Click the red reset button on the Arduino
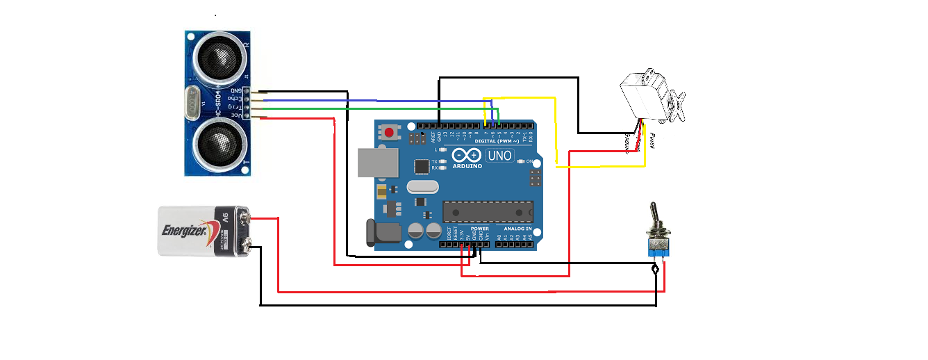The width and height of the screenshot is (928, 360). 390,132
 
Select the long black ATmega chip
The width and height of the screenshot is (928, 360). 488,211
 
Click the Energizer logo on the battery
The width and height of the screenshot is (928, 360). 184,231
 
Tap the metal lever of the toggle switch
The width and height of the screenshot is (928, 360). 654,215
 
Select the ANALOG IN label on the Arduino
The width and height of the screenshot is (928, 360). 517,229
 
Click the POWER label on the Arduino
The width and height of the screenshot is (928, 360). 479,229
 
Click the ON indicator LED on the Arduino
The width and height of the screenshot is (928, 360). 522,161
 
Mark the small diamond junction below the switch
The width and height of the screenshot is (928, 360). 656,269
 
